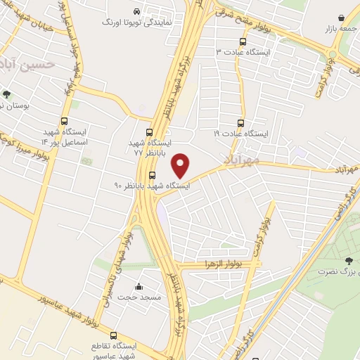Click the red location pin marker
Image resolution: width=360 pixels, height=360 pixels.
click(181, 166)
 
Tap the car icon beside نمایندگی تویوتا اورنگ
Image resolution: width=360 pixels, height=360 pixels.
click(136, 11)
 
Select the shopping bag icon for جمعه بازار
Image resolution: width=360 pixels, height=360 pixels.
click(341, 17)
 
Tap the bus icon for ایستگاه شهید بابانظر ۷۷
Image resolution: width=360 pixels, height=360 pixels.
click(149, 131)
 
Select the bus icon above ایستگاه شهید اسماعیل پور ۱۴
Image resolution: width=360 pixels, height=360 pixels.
click(65, 121)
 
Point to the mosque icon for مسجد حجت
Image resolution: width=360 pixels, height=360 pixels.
click(138, 286)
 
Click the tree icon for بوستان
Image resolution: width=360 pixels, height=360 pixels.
click(6, 94)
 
